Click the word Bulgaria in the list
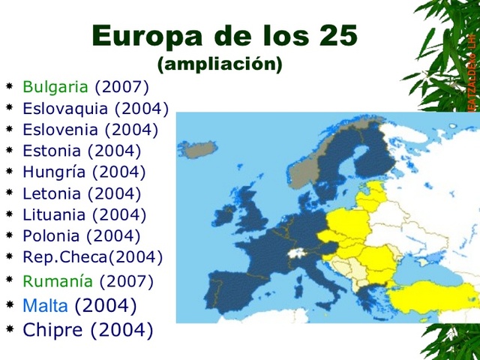coord(55,86)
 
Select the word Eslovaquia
coord(65,108)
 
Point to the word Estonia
coord(52,150)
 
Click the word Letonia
coord(52,193)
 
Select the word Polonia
coord(52,235)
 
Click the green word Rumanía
coord(58,282)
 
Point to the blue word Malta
coord(46,305)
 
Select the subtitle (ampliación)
coord(220,64)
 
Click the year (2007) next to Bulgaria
coord(121,86)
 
